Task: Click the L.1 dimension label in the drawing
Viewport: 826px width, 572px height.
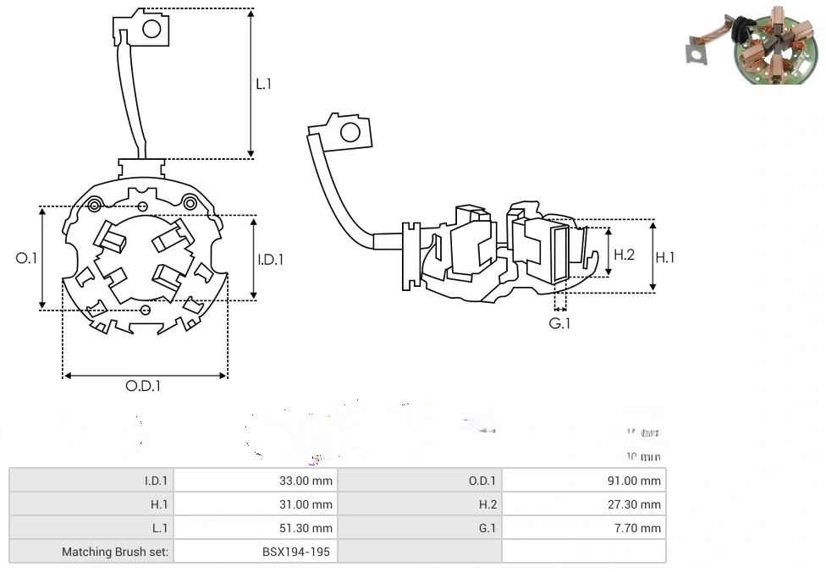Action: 264,84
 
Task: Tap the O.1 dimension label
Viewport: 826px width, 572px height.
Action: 27,258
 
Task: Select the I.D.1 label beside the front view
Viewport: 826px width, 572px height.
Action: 270,260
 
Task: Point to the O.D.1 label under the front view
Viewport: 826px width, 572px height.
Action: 143,386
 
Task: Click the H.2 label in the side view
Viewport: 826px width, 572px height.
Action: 624,254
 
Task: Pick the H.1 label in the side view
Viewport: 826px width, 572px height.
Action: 665,257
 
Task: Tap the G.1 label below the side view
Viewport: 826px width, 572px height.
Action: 560,323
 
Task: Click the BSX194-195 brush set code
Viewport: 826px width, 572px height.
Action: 297,552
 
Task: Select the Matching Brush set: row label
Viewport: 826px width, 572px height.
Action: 115,552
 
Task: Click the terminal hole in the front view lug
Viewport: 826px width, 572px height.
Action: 151,30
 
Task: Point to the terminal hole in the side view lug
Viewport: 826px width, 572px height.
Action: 348,132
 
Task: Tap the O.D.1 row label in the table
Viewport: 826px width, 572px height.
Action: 482,481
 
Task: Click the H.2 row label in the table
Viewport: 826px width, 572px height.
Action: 487,504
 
